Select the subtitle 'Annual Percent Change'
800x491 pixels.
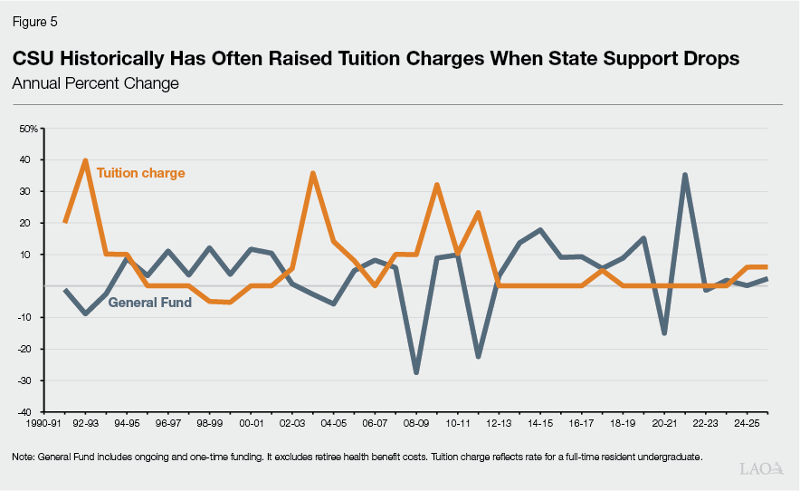point(95,83)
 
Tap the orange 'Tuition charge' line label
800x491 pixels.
point(140,172)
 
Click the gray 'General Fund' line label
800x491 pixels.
point(149,303)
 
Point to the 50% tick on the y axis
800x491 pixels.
point(29,129)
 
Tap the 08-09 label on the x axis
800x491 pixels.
point(415,423)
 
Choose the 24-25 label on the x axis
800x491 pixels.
point(747,423)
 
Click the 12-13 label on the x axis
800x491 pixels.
point(499,423)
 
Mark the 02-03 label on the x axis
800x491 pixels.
point(291,423)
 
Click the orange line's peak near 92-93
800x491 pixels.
point(85,160)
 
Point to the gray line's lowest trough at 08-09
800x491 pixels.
point(416,372)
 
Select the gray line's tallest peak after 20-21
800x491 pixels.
point(686,175)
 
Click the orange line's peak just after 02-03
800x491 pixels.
point(312,173)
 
